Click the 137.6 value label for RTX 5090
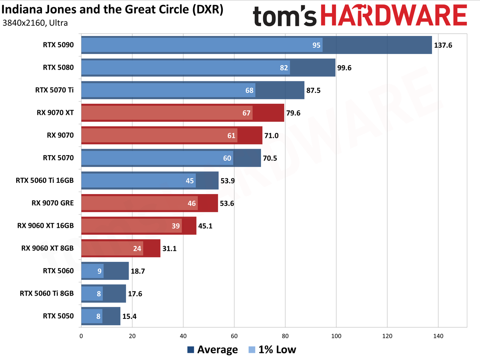[443, 45]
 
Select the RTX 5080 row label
[58, 67]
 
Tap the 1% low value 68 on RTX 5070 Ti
[249, 90]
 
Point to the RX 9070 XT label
[55, 113]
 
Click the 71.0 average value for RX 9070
[271, 136]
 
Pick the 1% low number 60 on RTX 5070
[227, 158]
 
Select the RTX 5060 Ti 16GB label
[45, 181]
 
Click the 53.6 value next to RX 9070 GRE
[227, 203]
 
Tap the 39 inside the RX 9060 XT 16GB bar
[175, 226]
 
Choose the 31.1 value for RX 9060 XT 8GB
[169, 249]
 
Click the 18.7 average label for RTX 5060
[138, 271]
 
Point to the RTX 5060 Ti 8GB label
[47, 293]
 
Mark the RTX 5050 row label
[58, 316]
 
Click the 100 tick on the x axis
[336, 336]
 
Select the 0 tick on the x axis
[81, 336]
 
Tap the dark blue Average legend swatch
[191, 350]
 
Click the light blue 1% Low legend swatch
[252, 350]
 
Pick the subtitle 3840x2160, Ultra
[35, 23]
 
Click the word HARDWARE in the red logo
[394, 15]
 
